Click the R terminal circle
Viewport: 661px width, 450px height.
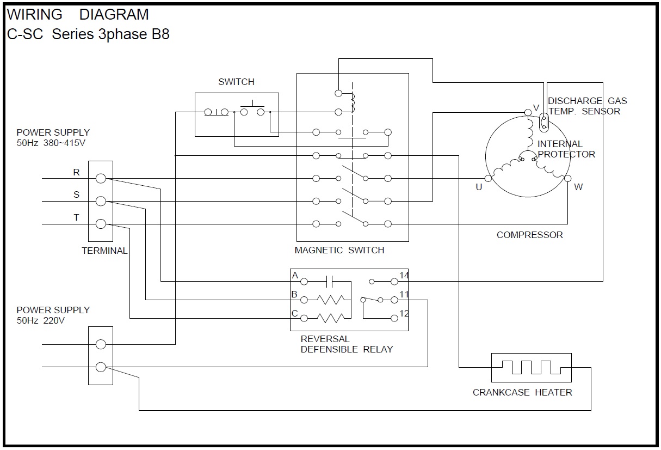pyautogui.click(x=101, y=178)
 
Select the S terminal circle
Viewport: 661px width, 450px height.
pyautogui.click(x=101, y=201)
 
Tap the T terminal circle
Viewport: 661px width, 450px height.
pyautogui.click(x=101, y=224)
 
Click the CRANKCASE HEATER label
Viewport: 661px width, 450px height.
pyautogui.click(x=522, y=392)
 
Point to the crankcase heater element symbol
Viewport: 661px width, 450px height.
pyautogui.click(x=531, y=367)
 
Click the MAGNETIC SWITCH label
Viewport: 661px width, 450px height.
pyautogui.click(x=339, y=250)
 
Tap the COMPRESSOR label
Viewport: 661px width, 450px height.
pyautogui.click(x=529, y=235)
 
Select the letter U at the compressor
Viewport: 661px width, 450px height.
pyautogui.click(x=479, y=187)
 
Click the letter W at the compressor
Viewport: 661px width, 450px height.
pyautogui.click(x=578, y=187)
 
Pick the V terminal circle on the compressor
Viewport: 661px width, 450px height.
pyautogui.click(x=528, y=112)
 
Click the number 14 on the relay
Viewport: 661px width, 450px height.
pyautogui.click(x=404, y=275)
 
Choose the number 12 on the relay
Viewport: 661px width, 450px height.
pyautogui.click(x=404, y=313)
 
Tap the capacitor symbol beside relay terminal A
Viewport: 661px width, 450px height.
pyautogui.click(x=329, y=281)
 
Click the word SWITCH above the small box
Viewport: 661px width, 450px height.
pyautogui.click(x=236, y=82)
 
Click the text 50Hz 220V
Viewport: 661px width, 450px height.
pyautogui.click(x=41, y=320)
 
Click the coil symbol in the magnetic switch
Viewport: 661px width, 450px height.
pyautogui.click(x=352, y=101)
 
